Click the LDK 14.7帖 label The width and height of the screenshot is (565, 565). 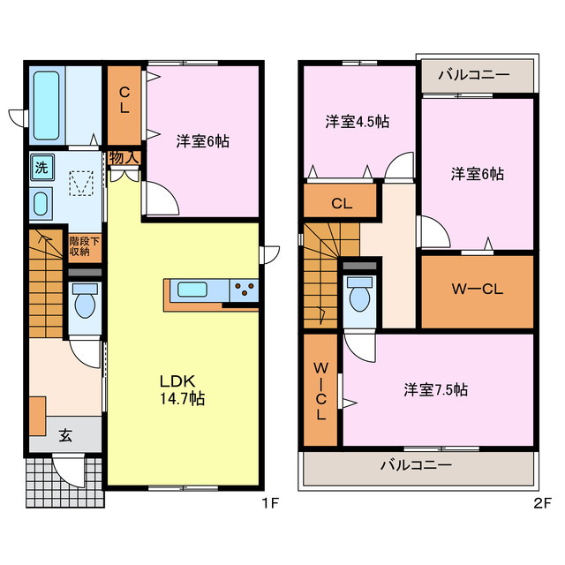[x=183, y=390]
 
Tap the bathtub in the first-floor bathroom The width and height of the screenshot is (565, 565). [x=46, y=105]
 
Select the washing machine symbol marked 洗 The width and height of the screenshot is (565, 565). [x=41, y=168]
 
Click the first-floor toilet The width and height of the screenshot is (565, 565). [x=85, y=301]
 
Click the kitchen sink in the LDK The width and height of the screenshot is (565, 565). [x=192, y=290]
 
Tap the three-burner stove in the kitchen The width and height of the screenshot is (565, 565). [x=245, y=290]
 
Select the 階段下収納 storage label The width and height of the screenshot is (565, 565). [x=85, y=245]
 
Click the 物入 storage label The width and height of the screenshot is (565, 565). [x=124, y=157]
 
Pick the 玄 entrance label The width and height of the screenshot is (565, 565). [x=65, y=435]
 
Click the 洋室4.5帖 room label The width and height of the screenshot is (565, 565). [x=357, y=122]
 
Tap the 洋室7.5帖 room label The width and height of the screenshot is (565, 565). [x=435, y=389]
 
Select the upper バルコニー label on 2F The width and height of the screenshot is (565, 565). [x=474, y=75]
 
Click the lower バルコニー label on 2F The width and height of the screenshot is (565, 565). [x=416, y=465]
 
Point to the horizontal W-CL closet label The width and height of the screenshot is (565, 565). [x=478, y=289]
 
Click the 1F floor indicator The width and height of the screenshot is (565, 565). [x=270, y=503]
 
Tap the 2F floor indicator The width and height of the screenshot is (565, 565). [x=542, y=503]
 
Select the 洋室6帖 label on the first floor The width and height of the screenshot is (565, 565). [x=202, y=141]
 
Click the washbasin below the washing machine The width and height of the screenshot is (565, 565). [x=41, y=203]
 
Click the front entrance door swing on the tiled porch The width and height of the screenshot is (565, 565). [x=69, y=471]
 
